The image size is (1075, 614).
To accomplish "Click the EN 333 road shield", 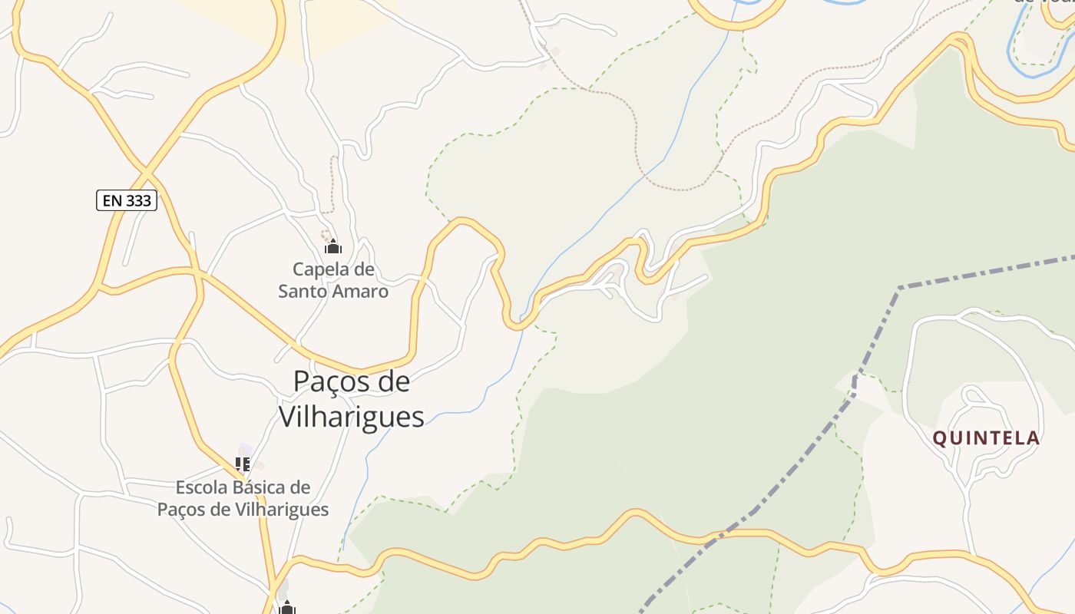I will pyautogui.click(x=127, y=201).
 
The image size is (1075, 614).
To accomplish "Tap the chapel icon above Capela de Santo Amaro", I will pyautogui.click(x=332, y=246).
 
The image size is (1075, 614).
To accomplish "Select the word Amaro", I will pyautogui.click(x=362, y=292).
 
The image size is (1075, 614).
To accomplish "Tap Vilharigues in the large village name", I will pyautogui.click(x=351, y=417).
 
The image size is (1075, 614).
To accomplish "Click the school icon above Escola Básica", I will pyautogui.click(x=243, y=464).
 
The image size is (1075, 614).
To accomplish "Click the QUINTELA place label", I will pyautogui.click(x=986, y=438).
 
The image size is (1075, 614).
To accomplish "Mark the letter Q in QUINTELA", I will pyautogui.click(x=939, y=438).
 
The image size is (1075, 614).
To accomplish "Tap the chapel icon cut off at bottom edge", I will pyautogui.click(x=287, y=608).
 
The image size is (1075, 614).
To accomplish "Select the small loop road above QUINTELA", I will pyautogui.click(x=975, y=394).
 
